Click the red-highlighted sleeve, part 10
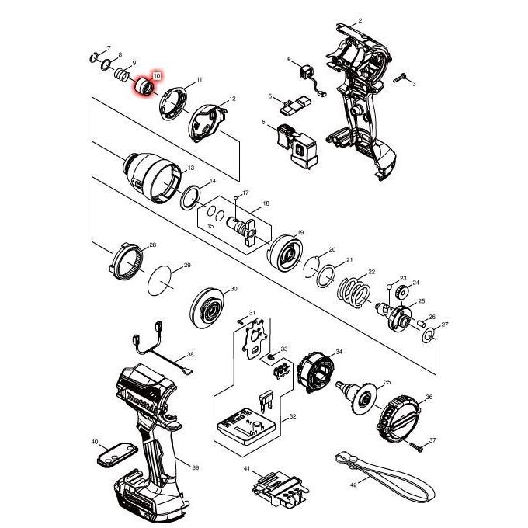tap(144, 87)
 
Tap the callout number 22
tap(371, 272)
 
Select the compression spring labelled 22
tap(353, 292)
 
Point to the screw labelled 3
tap(400, 78)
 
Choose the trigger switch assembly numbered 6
tap(297, 145)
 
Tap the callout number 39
tap(196, 467)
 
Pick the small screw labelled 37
tap(416, 446)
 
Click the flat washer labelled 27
tap(429, 335)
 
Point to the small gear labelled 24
tap(402, 291)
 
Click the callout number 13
tap(191, 168)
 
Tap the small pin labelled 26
tap(421, 322)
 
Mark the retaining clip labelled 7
tap(94, 58)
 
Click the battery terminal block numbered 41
tap(281, 488)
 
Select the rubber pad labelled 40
tap(117, 454)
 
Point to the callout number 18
tap(266, 203)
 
